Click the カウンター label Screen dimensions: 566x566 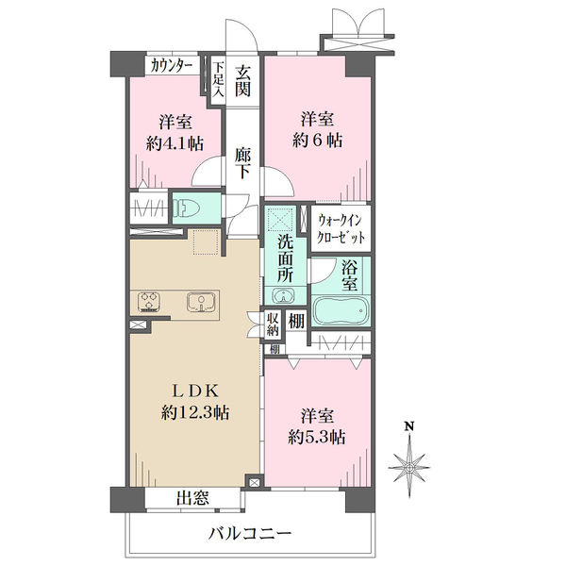pos(171,66)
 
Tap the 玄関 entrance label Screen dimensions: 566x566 pos(242,81)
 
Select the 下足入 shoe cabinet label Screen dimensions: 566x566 pos(218,80)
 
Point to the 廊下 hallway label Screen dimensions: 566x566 pos(242,163)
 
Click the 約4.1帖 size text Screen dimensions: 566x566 pos(175,144)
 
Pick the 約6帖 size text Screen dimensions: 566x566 pos(317,140)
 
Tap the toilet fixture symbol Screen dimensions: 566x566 pos(184,208)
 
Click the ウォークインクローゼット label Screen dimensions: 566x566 pos(341,228)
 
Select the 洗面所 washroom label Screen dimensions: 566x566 pos(285,258)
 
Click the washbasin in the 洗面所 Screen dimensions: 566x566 pos(284,295)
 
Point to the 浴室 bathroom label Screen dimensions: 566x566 pos(350,276)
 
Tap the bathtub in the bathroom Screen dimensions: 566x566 pos(341,310)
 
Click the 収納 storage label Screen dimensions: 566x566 pos(273,325)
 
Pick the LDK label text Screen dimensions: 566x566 pos(194,391)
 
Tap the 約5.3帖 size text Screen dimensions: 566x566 pos(317,438)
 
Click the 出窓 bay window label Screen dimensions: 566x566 pos(192,498)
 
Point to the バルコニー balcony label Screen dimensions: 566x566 pos(250,533)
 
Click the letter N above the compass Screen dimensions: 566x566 pos(409,426)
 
